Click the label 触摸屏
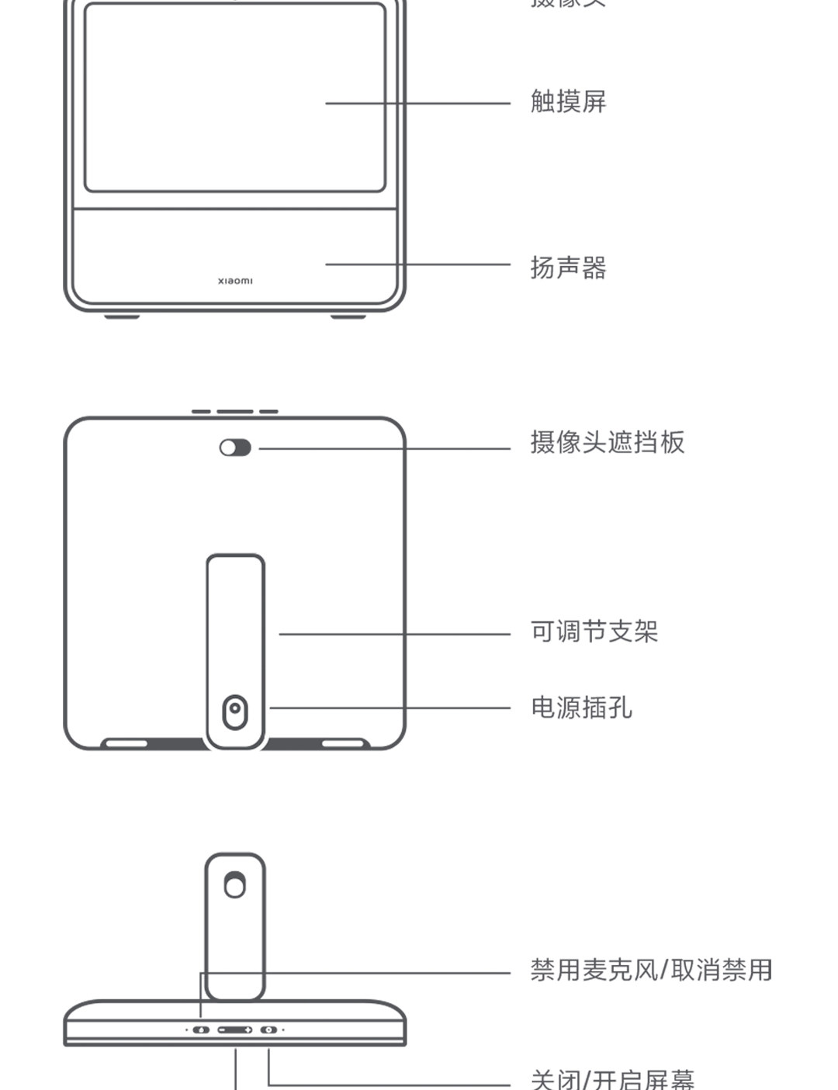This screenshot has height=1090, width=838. coord(568,102)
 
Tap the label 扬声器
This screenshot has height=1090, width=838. coord(568,268)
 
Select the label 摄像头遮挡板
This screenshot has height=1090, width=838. coord(608,442)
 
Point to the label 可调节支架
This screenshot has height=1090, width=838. coord(594,632)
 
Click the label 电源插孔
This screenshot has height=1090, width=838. coord(581,708)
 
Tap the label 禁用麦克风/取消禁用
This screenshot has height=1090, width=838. coord(651,970)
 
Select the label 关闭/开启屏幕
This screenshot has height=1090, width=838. coord(612,1079)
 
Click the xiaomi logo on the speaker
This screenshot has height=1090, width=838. coord(235,281)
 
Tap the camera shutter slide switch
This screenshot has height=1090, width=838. coord(235,448)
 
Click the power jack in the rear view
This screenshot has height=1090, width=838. coord(235,711)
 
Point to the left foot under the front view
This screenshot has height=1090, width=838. coord(123,317)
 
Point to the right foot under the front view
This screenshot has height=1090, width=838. coord(348,317)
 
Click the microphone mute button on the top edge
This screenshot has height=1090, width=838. coord(201,1029)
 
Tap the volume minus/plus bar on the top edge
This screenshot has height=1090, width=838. coord(235,1029)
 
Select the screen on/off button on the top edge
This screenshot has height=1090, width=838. coord(268,1029)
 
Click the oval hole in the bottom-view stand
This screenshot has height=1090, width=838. coord(234,884)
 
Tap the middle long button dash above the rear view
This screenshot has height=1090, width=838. coord(235,412)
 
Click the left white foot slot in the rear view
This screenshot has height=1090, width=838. coord(126,743)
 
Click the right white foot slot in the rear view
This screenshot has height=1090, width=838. coord(344,743)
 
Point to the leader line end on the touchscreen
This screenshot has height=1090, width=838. coord(327,102)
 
